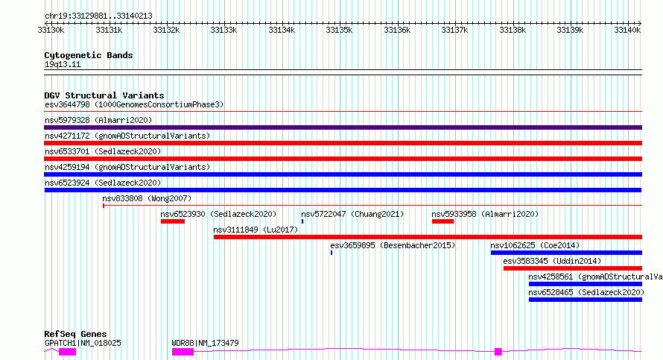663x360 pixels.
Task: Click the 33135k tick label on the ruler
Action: pos(339,30)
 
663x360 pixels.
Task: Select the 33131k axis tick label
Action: pos(109,30)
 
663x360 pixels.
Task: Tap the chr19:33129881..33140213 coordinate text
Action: pos(98,16)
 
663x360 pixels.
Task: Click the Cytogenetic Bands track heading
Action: pos(89,55)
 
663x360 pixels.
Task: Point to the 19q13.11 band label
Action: pos(63,64)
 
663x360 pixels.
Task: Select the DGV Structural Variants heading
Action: pos(104,95)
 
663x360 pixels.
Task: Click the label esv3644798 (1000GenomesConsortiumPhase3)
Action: pos(134,104)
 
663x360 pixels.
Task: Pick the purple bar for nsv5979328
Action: pos(343,127)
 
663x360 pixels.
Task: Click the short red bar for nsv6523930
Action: pos(173,221)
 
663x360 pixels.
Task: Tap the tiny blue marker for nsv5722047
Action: pos(302,221)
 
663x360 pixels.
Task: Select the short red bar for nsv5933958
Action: pos(442,221)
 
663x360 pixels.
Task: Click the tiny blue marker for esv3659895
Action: pos(331,253)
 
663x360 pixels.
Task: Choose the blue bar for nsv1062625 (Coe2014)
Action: pos(567,253)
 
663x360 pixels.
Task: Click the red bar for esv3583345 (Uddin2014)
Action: pos(573,268)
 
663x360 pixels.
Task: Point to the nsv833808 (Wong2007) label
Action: pos(147,198)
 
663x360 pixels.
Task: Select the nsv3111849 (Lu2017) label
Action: pos(256,230)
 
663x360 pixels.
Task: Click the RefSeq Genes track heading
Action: pos(75,334)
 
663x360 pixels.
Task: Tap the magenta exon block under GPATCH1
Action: pos(67,352)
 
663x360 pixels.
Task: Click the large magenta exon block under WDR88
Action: pos(183,352)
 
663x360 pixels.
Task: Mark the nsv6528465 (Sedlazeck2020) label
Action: pos(586,292)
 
